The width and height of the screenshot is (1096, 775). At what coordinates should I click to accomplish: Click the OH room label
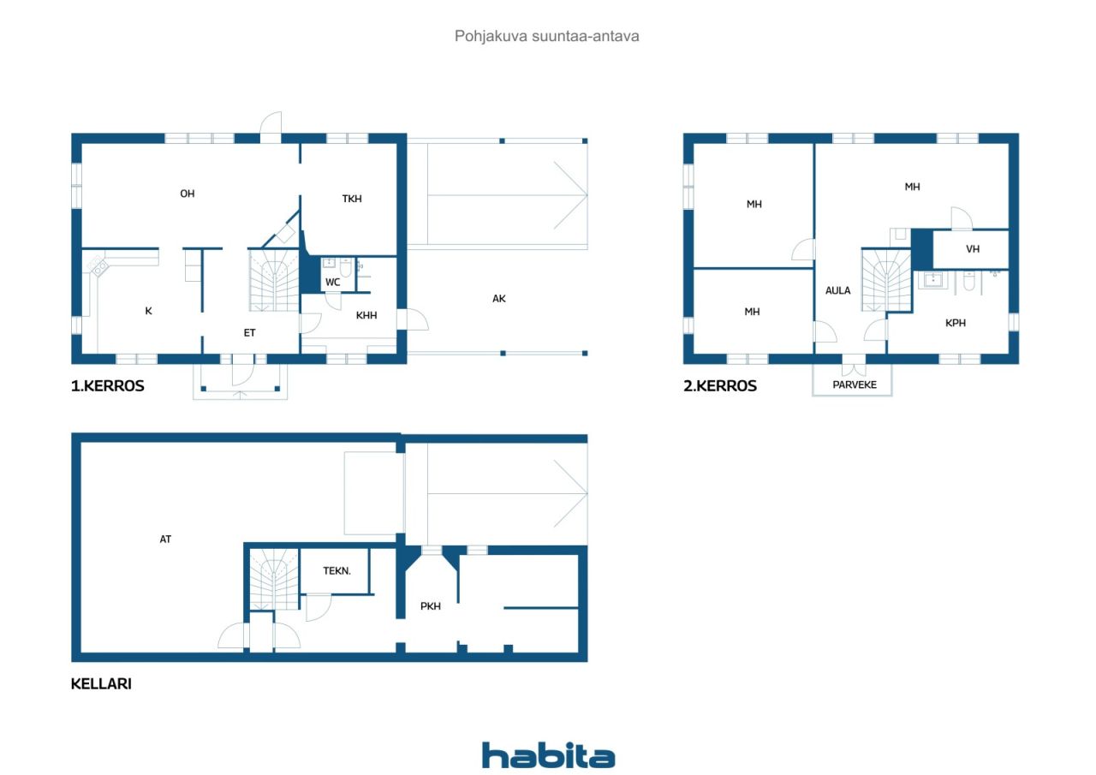click(188, 194)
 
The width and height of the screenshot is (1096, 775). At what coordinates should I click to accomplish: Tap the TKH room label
click(352, 199)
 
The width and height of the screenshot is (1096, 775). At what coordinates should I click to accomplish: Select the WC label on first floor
click(333, 283)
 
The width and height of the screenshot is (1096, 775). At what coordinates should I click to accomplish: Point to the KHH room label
click(366, 316)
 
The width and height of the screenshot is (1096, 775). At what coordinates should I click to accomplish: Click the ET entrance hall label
click(249, 333)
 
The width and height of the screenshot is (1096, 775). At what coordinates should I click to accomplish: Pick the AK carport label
click(499, 299)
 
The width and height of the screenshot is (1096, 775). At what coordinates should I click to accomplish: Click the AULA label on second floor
click(837, 290)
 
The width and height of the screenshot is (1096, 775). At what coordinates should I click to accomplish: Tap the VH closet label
click(973, 249)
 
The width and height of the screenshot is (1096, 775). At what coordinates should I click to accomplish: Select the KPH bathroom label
click(955, 323)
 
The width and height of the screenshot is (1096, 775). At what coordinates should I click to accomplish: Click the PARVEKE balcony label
click(855, 385)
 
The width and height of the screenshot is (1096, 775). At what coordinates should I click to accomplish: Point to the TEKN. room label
click(337, 571)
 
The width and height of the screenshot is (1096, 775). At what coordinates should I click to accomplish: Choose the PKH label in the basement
click(431, 606)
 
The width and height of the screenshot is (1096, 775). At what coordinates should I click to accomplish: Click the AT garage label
click(165, 540)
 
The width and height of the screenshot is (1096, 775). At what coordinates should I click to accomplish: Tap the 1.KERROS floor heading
click(108, 386)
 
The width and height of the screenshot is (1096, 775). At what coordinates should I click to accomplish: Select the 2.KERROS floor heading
click(720, 386)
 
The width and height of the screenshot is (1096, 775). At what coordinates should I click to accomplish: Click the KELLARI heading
click(101, 684)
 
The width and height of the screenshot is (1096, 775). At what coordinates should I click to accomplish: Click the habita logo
click(548, 755)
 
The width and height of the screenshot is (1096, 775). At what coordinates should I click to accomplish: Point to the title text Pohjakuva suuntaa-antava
click(547, 36)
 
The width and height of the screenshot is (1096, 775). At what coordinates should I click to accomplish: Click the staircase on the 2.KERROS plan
click(886, 280)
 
